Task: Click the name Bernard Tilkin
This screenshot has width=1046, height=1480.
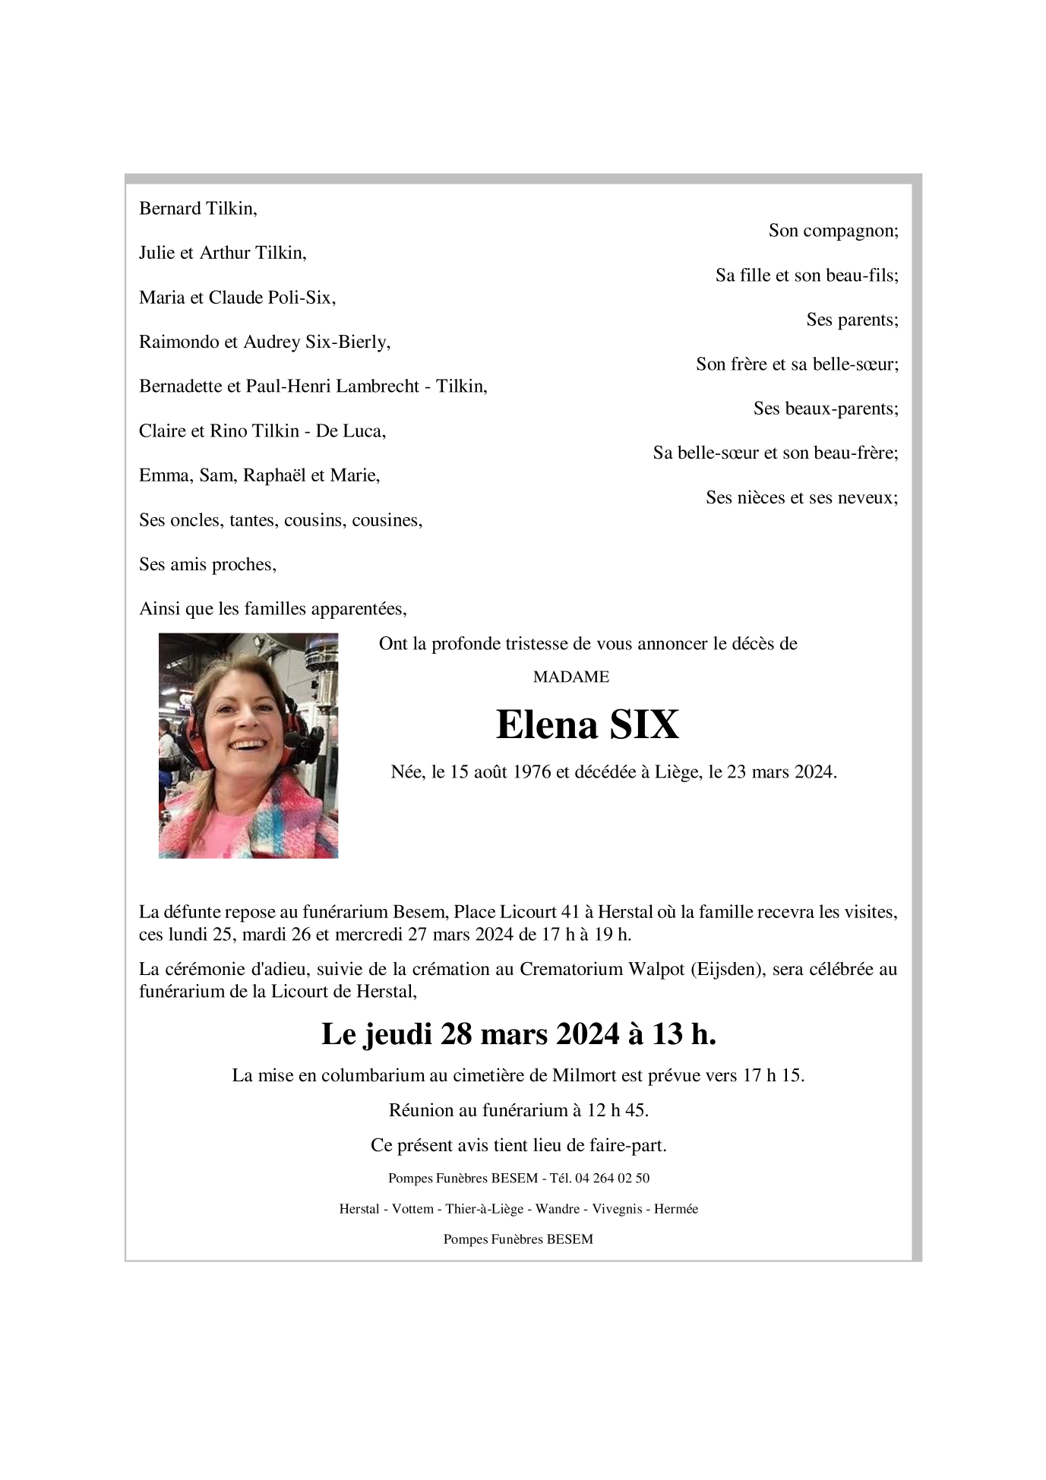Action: coord(198,209)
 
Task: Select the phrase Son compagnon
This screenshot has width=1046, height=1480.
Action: coord(832,231)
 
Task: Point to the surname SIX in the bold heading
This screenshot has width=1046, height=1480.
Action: coord(644,724)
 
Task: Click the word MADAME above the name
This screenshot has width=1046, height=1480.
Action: coord(570,677)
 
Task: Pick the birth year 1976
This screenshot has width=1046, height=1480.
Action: coord(531,772)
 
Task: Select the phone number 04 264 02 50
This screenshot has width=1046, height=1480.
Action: coord(611,1179)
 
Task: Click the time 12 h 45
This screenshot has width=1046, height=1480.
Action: coord(617,1110)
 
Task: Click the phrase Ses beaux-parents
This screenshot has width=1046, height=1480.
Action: coord(825,409)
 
